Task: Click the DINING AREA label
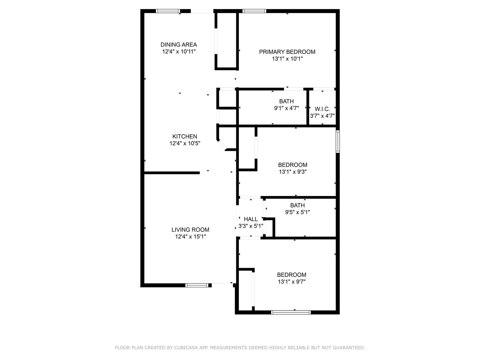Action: [179, 45]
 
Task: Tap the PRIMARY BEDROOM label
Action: [287, 52]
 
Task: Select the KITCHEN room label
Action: [185, 136]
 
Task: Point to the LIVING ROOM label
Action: [190, 230]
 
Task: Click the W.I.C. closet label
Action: [322, 109]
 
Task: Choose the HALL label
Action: [251, 219]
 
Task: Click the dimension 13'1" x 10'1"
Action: [287, 59]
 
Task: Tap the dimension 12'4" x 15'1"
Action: [190, 237]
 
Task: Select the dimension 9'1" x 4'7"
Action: [286, 108]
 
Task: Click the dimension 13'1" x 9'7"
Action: [292, 282]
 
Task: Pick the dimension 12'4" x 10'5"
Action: [185, 143]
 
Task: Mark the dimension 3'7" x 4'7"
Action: [322, 116]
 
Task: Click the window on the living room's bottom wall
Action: [196, 285]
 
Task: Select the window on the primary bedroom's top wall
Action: [254, 11]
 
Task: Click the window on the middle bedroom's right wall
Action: [337, 142]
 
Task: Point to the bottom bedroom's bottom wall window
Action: [291, 312]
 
